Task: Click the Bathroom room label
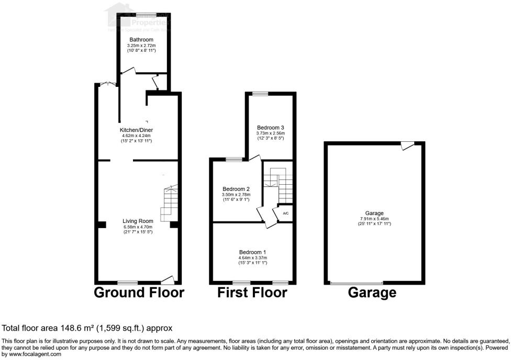point(141,40)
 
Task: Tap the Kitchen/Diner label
point(137,130)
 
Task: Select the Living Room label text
point(138,221)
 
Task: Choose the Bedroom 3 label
point(270,127)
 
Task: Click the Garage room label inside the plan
point(374,213)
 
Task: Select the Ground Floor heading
point(139,292)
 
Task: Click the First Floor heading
point(252,292)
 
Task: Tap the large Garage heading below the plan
point(372,292)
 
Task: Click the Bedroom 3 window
point(260,94)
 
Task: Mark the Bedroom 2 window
point(234,159)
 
